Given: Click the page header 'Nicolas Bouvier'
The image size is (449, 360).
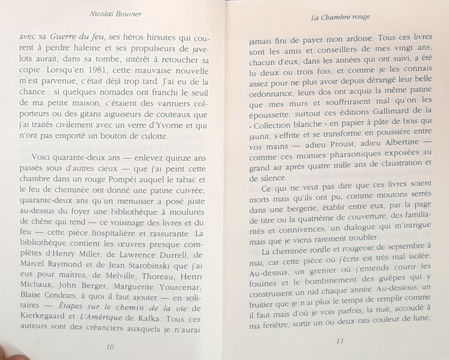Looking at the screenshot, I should coord(115,14).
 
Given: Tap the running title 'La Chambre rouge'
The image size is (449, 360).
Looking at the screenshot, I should coord(340,17).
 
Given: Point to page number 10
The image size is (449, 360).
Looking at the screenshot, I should coord(110,347).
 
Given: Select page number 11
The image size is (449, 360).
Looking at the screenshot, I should coord(340,341).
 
